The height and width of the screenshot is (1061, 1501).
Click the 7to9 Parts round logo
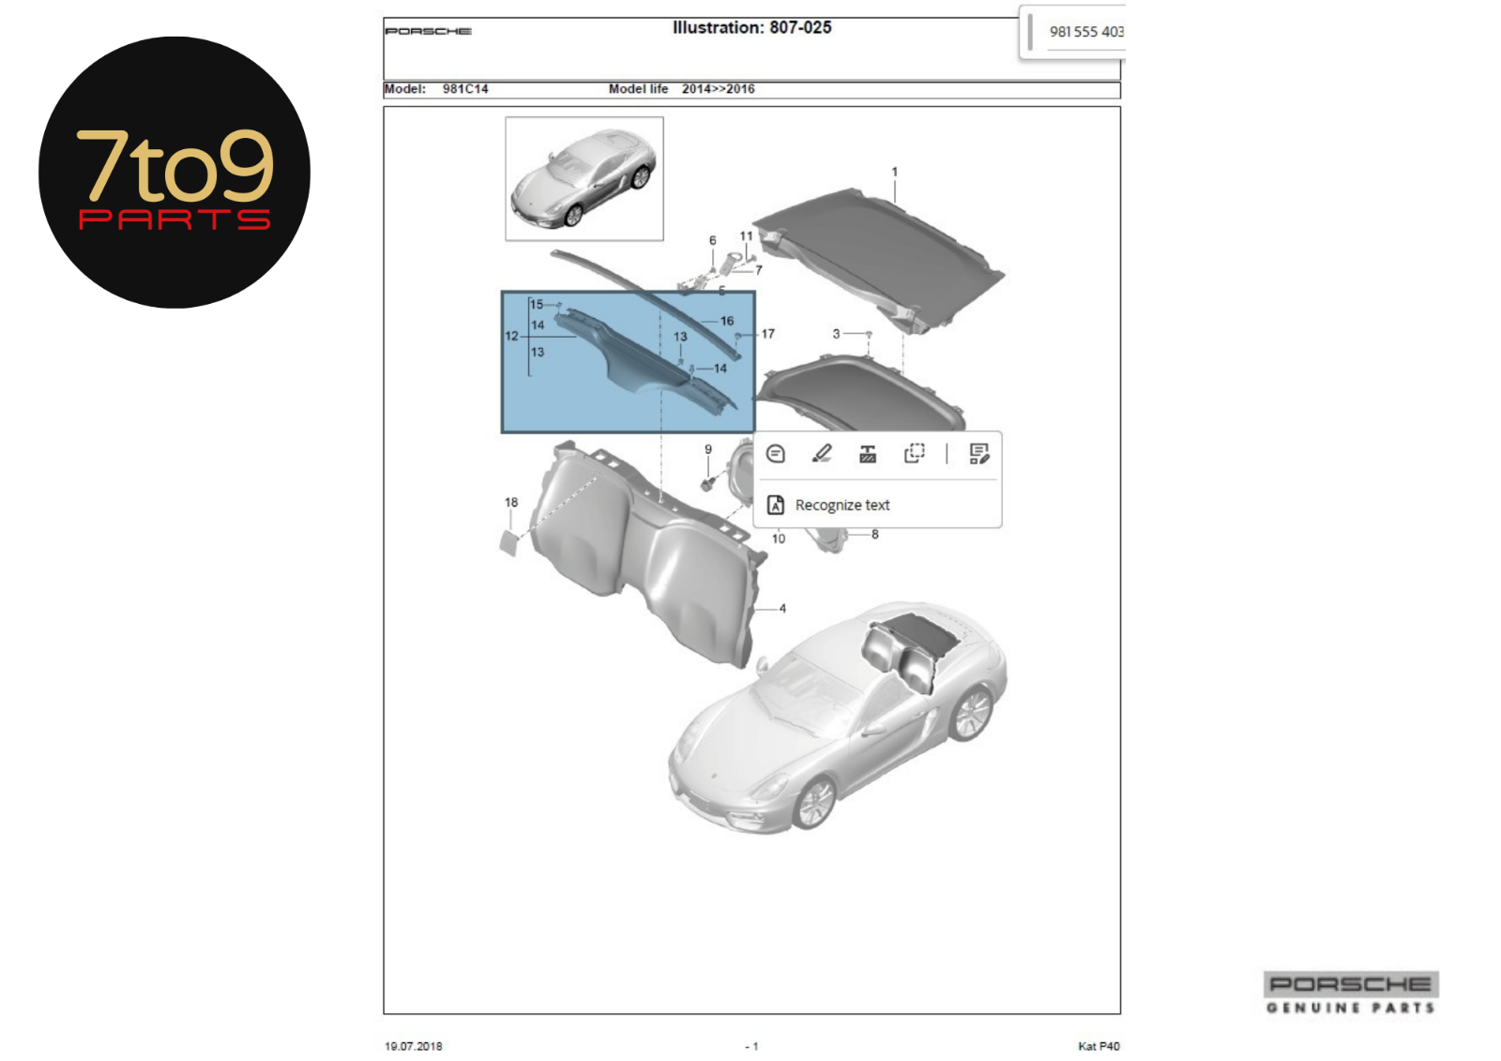(x=174, y=173)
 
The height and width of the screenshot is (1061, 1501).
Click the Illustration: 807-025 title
(x=751, y=27)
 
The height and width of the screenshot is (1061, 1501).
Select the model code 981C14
(x=465, y=89)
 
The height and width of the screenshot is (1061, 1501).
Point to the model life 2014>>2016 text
(x=719, y=89)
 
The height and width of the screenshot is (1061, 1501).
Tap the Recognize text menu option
(x=842, y=505)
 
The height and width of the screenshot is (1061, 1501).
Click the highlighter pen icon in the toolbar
(x=822, y=454)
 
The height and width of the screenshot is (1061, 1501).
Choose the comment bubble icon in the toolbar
(x=775, y=454)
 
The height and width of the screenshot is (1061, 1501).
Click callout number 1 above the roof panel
(x=894, y=173)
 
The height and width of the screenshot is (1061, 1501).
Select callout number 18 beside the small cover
(x=511, y=502)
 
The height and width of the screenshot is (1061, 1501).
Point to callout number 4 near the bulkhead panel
(x=782, y=609)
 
